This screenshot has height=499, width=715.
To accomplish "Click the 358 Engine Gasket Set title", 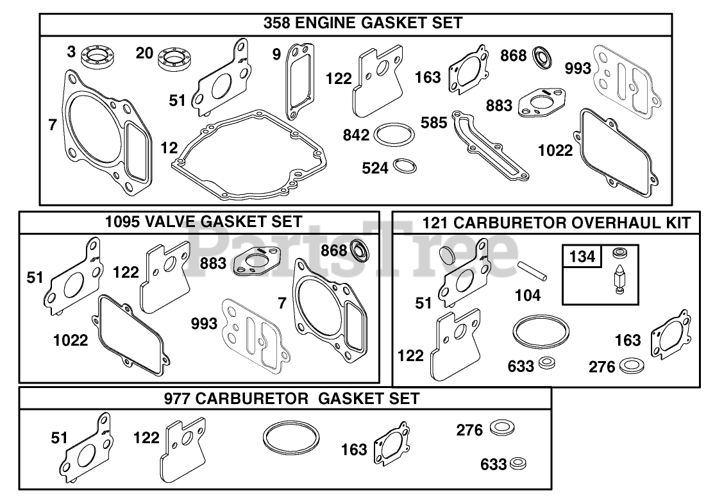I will [x=362, y=23].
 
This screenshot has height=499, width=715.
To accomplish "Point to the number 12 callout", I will [x=169, y=148].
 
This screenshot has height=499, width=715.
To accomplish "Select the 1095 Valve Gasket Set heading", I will [x=203, y=222].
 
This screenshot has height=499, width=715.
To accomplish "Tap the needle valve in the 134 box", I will [x=619, y=277].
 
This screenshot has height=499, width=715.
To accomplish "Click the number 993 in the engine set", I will [x=578, y=68].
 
